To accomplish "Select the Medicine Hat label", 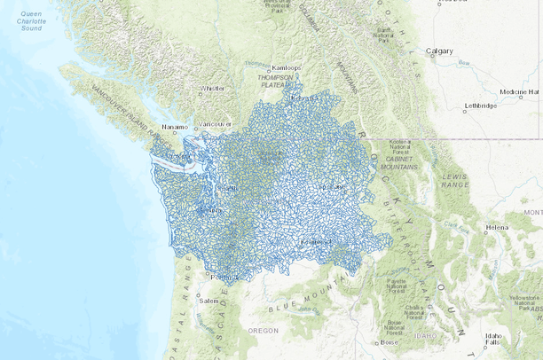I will pos(518,91).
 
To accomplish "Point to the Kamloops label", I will pos(287,67).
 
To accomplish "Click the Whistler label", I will pos(212,89).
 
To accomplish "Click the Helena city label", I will pos(497,227).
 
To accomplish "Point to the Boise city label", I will pos(390,342).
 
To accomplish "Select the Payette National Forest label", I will pos(396,285).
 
